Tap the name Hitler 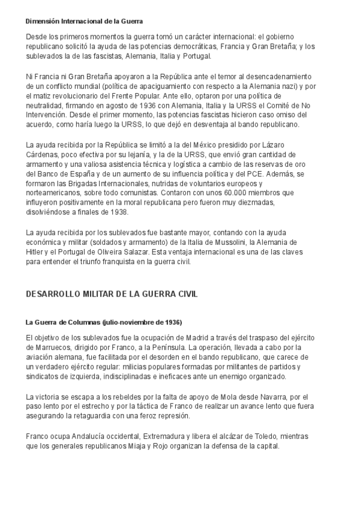tap(35, 251)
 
